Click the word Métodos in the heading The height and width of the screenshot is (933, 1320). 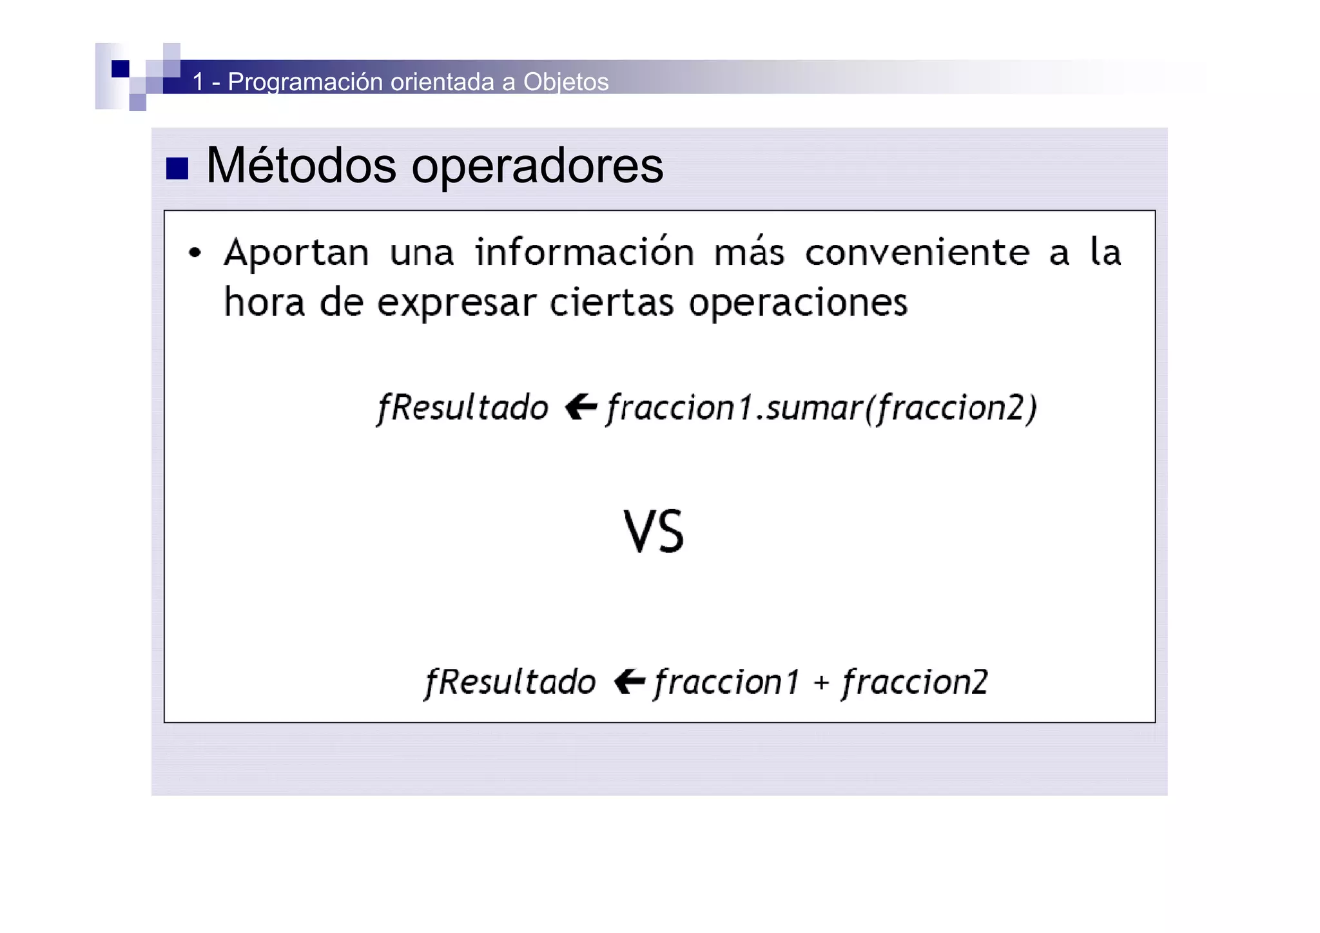coord(300,166)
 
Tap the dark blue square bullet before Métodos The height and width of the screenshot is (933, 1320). coord(177,168)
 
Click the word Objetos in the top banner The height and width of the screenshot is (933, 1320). coord(565,82)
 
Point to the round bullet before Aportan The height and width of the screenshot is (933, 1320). coord(195,253)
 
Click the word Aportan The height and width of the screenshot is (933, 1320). coord(296,252)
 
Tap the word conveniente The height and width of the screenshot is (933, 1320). coord(917,252)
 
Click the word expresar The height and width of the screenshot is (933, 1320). coord(456,303)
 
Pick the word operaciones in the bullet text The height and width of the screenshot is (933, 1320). coord(798,303)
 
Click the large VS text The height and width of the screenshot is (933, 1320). coord(654,532)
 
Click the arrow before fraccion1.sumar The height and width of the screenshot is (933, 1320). coord(581,407)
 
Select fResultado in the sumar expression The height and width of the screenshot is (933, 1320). coord(462,408)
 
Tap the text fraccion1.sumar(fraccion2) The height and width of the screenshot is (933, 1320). coord(821,408)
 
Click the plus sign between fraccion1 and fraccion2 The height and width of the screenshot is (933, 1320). coord(820,682)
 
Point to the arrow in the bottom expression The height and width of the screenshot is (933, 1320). coord(629,681)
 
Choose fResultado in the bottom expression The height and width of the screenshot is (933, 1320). coord(510,682)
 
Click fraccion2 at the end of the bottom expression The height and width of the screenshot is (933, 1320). coord(915,682)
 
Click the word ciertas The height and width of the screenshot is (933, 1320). coord(611,303)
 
